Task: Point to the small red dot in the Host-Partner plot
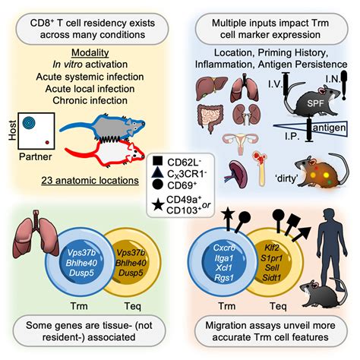[x=46, y=142]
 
